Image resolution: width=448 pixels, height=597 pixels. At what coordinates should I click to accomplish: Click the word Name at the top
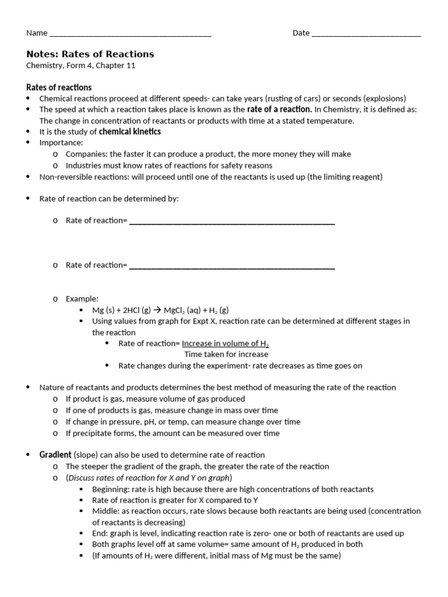coord(37,33)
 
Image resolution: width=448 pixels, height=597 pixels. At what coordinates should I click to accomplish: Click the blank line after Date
coord(366,33)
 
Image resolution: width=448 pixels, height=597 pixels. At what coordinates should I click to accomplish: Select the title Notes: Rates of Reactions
coord(90,54)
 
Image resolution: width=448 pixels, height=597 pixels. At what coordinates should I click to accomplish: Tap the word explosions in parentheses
coord(381,99)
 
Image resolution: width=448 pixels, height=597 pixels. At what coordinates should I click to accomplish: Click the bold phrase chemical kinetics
coord(129,132)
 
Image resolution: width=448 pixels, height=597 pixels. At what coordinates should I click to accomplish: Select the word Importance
coord(61,143)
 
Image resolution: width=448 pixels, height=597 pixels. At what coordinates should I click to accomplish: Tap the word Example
coord(82,298)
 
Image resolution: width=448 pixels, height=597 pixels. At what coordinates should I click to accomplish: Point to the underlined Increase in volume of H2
coord(225,343)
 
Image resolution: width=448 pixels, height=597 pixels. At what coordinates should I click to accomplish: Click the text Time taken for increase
coord(226,354)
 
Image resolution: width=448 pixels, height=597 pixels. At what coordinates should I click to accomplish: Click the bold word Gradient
coord(55,455)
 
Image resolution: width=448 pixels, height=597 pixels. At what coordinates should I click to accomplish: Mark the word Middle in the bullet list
coord(104,511)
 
